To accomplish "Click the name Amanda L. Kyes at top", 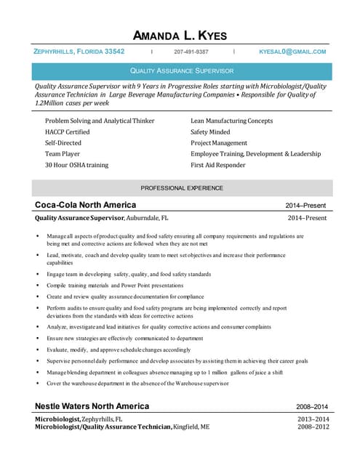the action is click(x=180, y=36).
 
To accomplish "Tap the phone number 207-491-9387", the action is click(x=191, y=52).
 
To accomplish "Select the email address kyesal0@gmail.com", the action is click(x=292, y=52).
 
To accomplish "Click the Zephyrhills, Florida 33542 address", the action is click(x=79, y=52).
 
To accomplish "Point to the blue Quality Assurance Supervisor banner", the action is click(x=181, y=71).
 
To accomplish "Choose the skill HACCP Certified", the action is click(x=68, y=132).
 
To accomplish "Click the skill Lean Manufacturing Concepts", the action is click(x=231, y=121).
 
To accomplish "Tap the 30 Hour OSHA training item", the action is click(x=76, y=165).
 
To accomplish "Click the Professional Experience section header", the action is click(x=181, y=188).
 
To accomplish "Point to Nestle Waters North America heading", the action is click(x=92, y=406).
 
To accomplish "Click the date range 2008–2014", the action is click(x=311, y=407).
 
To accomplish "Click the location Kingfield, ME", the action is click(x=191, y=427).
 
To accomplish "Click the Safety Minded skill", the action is click(x=210, y=132).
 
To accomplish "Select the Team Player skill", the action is click(x=63, y=154).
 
